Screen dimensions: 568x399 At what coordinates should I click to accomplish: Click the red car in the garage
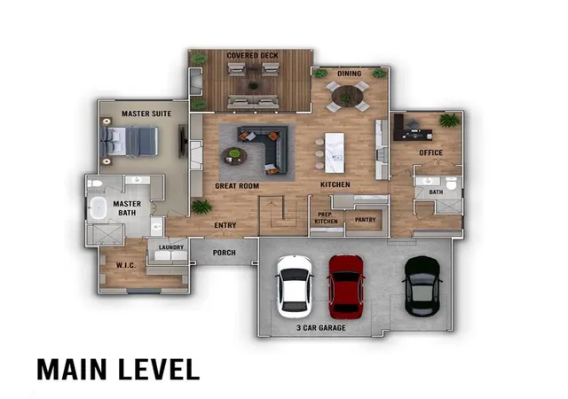coord(346,286)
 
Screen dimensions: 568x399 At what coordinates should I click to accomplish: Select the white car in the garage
coord(295,286)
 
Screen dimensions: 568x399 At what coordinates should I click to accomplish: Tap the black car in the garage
coord(422,286)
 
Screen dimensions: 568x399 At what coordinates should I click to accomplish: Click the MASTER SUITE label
coord(146,113)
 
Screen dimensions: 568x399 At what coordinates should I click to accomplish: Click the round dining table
coord(347,97)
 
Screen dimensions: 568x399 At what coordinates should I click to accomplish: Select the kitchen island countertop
coord(335,153)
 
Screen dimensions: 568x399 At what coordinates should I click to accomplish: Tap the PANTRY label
coord(365,220)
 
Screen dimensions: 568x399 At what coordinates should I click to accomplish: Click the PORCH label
coord(225,253)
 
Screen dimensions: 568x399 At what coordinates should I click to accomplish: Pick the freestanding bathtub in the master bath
coord(98,207)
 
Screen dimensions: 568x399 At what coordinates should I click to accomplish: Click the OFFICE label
coord(430,153)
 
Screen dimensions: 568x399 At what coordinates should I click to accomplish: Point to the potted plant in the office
coord(450,120)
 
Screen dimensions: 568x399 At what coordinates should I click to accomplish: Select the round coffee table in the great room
coord(234,156)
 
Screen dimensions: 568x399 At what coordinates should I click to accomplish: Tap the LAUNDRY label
coord(171,247)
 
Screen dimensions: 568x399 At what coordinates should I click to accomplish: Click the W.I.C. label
coord(126,265)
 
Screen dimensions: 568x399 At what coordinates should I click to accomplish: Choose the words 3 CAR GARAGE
coord(321,328)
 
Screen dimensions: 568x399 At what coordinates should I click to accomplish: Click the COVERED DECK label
coord(252,55)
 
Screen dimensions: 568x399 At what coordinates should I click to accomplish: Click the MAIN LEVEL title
coord(118,370)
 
